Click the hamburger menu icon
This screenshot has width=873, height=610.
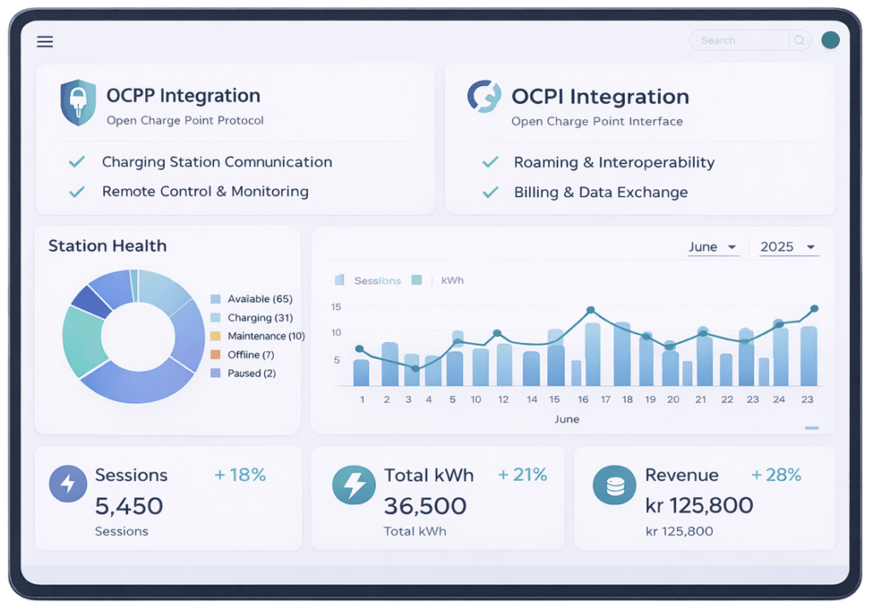pyautogui.click(x=45, y=42)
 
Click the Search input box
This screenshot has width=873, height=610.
pyautogui.click(x=740, y=40)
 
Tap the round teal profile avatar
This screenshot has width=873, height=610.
pyautogui.click(x=830, y=40)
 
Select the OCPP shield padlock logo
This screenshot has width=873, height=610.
pyautogui.click(x=78, y=103)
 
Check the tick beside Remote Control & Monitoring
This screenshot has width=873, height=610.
pyautogui.click(x=77, y=192)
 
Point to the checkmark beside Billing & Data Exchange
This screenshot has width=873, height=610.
pyautogui.click(x=490, y=193)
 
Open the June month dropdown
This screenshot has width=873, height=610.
pyautogui.click(x=713, y=247)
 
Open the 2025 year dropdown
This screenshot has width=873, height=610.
pyautogui.click(x=788, y=247)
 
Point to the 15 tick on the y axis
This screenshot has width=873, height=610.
pyautogui.click(x=336, y=306)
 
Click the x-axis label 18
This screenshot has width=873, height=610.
pyautogui.click(x=627, y=399)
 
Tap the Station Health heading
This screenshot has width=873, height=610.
pyautogui.click(x=107, y=247)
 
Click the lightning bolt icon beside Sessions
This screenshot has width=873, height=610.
pyautogui.click(x=68, y=483)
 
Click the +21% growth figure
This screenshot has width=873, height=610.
pyautogui.click(x=523, y=475)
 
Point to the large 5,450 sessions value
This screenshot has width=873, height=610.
pyautogui.click(x=129, y=506)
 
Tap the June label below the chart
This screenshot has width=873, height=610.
pyautogui.click(x=567, y=419)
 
